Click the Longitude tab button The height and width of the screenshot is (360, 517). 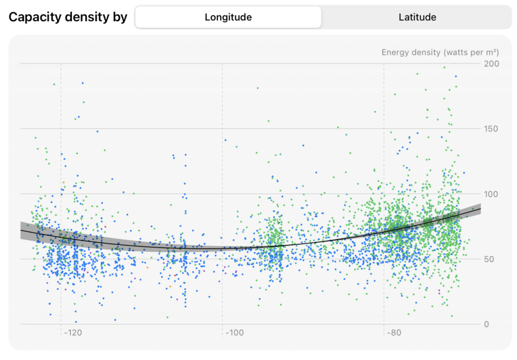click(228, 17)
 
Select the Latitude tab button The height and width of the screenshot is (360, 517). click(417, 17)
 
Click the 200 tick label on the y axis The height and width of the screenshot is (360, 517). click(492, 64)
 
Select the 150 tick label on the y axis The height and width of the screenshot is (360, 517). click(492, 129)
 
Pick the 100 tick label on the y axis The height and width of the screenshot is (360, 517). click(492, 194)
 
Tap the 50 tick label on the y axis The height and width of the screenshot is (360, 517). click(490, 259)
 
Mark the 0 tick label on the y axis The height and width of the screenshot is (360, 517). click(487, 324)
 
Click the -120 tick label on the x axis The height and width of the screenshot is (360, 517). click(72, 333)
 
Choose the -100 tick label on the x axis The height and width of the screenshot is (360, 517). click(234, 333)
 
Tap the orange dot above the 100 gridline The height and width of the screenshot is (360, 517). click(64, 182)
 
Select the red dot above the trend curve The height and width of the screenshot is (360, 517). click(105, 227)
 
